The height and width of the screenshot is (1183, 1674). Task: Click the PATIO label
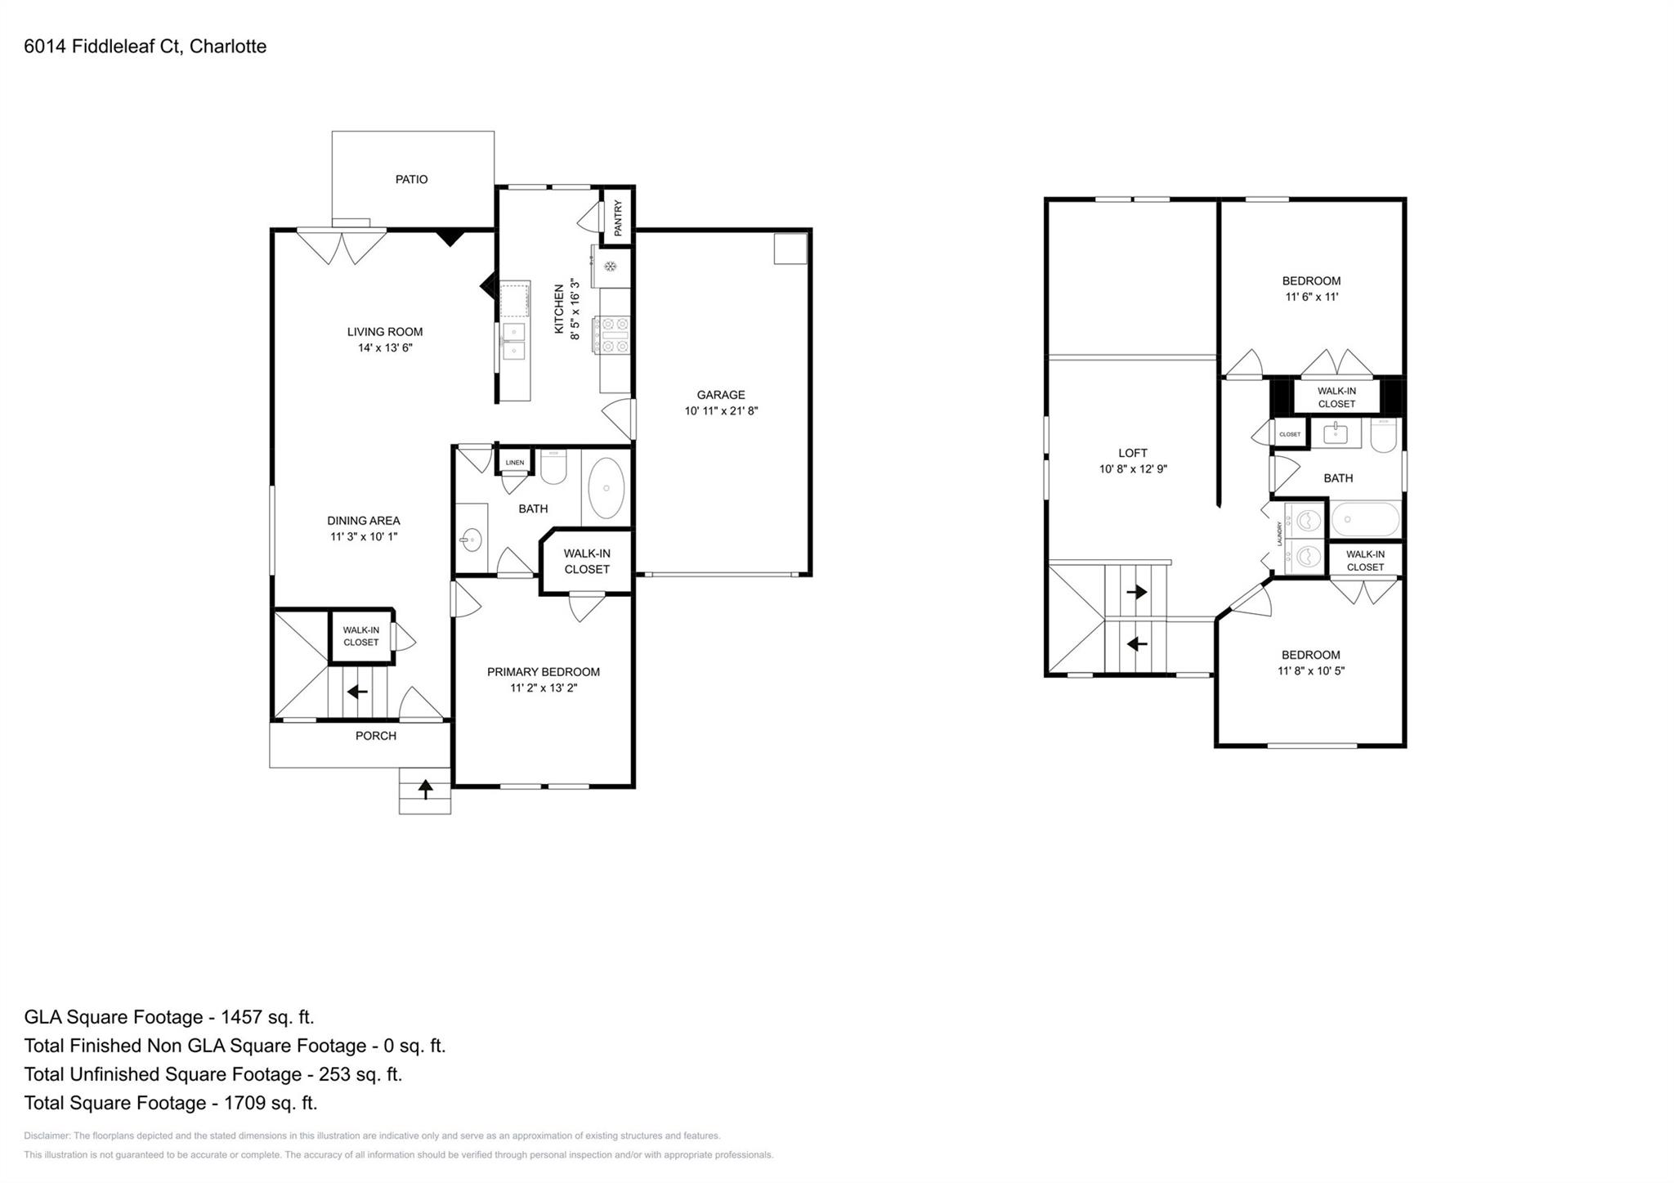pos(411,179)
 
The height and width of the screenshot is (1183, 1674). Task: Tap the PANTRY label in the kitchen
pos(618,217)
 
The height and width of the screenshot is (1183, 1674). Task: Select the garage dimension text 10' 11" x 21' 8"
pos(721,411)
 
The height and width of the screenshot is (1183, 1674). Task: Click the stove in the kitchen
pos(614,335)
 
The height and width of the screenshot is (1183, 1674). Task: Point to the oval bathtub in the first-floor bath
pos(606,487)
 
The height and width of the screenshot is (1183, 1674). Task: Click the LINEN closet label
pos(515,463)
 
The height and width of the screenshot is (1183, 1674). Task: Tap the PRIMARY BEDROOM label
pos(544,672)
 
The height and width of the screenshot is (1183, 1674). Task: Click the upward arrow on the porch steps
pos(425,790)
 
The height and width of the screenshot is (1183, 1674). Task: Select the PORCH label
pos(376,736)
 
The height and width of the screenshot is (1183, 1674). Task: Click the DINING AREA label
pos(364,521)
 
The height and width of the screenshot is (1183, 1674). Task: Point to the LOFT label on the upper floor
pos(1133,453)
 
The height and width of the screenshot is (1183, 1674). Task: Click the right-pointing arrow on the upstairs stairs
pos(1136,592)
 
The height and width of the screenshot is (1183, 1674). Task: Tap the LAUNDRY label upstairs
pos(1279,535)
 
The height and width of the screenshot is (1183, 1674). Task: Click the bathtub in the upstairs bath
pos(1365,519)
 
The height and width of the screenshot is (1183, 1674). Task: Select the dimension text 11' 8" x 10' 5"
pos(1311,671)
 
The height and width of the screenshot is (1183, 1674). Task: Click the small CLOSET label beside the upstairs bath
pos(1290,434)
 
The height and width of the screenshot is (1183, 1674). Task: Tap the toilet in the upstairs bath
pos(1384,435)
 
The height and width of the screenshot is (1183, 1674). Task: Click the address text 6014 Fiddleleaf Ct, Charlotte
pos(145,47)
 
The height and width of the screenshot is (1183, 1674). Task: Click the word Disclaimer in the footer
pos(47,1136)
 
